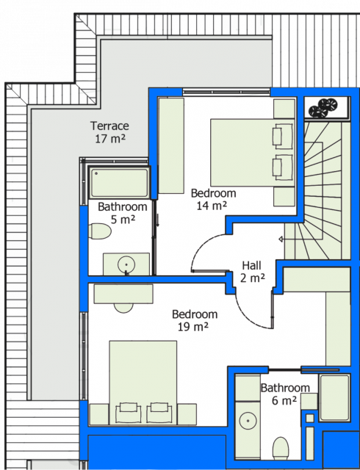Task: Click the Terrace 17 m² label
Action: point(109,132)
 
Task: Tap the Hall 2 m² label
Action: point(252,272)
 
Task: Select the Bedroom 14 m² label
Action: point(213,199)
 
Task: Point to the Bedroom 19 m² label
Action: point(195,320)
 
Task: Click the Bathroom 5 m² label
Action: point(123,213)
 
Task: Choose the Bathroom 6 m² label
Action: point(285,394)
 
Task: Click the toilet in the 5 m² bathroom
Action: point(100,231)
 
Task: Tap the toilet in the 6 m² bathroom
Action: point(281,448)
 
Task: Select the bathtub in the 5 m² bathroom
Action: point(120,182)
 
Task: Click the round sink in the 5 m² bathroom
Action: point(126,264)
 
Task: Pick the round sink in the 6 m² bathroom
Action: point(248,421)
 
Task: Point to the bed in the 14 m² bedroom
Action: point(252,153)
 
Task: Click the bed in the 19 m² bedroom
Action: point(143,383)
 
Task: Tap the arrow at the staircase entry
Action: point(281,239)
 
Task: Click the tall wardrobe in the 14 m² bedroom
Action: point(171,145)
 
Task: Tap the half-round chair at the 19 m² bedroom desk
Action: point(123,308)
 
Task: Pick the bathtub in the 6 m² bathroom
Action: point(334,397)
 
